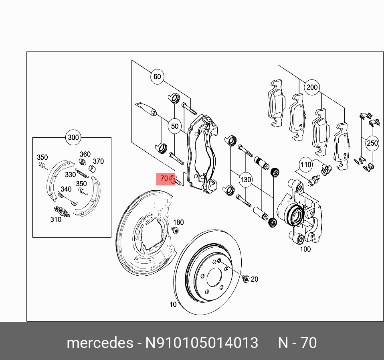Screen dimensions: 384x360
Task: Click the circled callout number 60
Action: click(x=157, y=77)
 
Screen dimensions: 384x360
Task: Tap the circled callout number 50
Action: click(x=175, y=126)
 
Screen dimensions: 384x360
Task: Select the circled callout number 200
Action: click(x=311, y=87)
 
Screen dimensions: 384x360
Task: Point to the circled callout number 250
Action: click(x=372, y=143)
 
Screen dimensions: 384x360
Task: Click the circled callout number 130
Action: click(x=245, y=179)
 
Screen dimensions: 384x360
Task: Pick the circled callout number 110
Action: click(x=306, y=165)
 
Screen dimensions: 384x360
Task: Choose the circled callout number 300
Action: click(x=73, y=138)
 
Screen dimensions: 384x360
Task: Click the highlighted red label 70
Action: click(x=164, y=178)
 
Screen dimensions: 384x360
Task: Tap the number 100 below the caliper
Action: click(x=305, y=249)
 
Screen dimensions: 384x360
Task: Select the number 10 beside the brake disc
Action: click(x=173, y=305)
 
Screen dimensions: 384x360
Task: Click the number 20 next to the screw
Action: click(x=255, y=279)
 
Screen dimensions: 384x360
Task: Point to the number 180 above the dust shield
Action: click(x=178, y=222)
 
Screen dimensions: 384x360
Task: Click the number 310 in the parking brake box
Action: click(x=56, y=220)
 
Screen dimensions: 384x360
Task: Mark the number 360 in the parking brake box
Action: click(x=85, y=154)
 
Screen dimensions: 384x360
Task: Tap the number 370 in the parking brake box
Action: click(x=98, y=161)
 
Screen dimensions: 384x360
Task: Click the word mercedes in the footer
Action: click(x=100, y=343)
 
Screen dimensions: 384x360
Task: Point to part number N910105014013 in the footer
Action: click(x=202, y=343)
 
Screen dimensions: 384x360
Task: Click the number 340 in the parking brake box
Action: click(x=66, y=189)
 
